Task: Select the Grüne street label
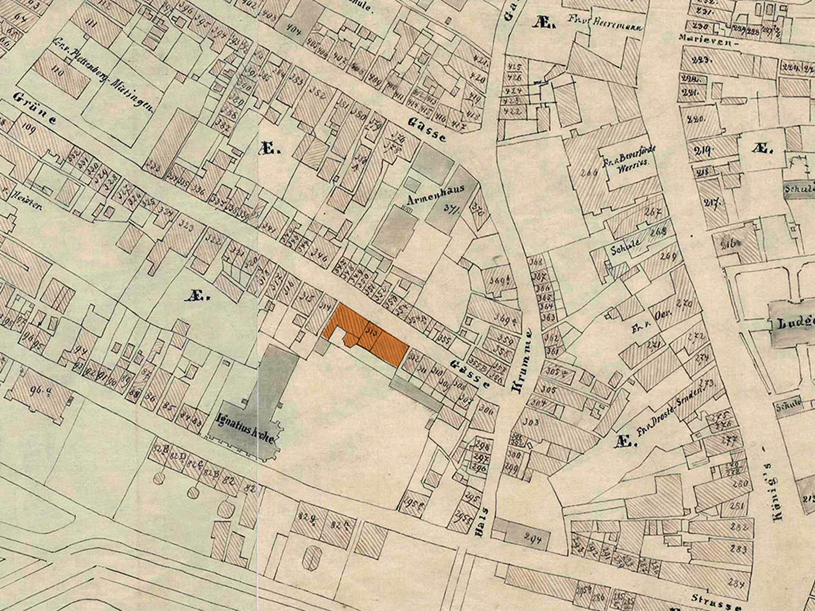click(x=35, y=108)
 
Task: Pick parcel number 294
click(x=534, y=539)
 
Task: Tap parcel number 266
click(x=589, y=172)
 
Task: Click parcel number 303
click(x=530, y=422)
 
